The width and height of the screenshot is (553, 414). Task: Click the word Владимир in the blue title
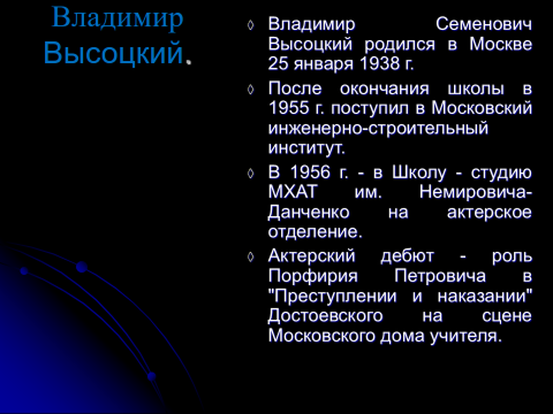pos(117,18)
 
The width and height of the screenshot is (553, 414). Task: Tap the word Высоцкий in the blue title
pos(113,53)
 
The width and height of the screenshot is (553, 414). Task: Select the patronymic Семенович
pos(484,25)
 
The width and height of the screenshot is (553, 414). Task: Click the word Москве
pos(501,44)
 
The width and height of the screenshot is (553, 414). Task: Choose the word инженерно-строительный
pos(378,128)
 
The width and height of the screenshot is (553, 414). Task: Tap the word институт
pos(306,148)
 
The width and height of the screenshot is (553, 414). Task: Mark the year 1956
pos(311,172)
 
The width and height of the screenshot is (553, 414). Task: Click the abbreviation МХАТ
pos(293,192)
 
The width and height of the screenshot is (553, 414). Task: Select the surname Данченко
pos(308,212)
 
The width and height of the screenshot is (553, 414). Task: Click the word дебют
pos(407,256)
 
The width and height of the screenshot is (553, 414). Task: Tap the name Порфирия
pos(313,276)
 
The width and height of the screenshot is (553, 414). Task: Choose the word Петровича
pos(440,276)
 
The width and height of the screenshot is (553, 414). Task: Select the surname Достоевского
pos(325,316)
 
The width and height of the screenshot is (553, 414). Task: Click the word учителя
pos(466,336)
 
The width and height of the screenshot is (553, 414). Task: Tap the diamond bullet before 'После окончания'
pos(251,89)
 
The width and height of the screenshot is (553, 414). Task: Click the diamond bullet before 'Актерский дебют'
pos(251,257)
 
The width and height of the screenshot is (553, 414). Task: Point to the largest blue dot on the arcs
pos(82,267)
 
